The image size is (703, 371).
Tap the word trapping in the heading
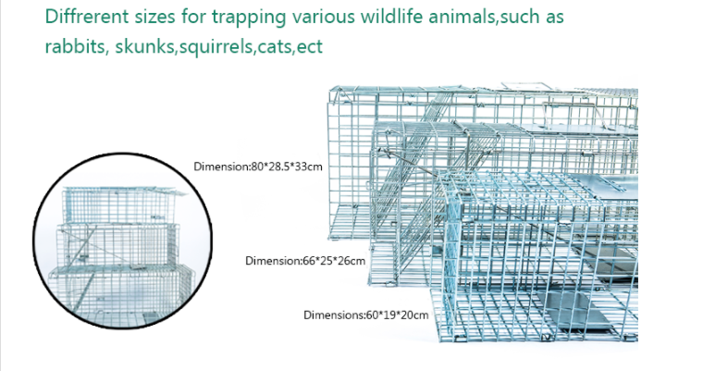click(x=249, y=18)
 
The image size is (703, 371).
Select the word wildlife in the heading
click(x=392, y=17)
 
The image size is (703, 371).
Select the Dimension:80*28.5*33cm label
click(x=258, y=167)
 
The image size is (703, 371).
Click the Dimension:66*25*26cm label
click(x=305, y=261)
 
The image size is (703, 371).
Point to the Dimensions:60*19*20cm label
click(x=365, y=315)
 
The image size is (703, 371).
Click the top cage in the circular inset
click(x=121, y=204)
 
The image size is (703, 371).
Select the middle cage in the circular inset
click(x=117, y=244)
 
